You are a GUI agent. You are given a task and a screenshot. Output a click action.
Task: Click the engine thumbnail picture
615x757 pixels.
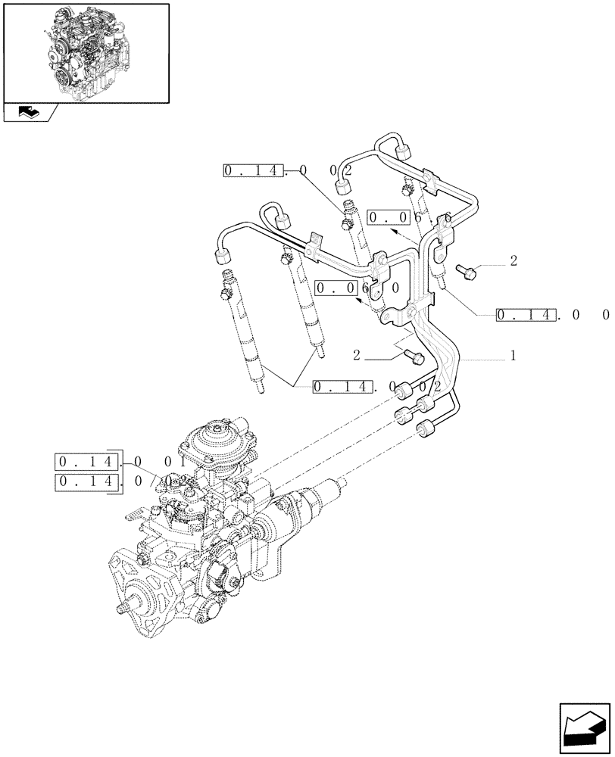(x=86, y=52)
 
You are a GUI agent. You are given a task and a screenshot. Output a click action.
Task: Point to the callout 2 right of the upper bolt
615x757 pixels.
(x=513, y=261)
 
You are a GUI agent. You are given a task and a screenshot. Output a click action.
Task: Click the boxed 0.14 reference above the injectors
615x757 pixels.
(x=254, y=171)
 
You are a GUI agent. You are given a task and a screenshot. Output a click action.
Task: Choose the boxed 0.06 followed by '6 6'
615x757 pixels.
(x=392, y=218)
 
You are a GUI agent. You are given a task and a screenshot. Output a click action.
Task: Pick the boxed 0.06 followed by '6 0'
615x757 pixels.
(x=337, y=288)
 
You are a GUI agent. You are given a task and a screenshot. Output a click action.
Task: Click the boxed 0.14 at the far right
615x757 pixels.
(x=527, y=314)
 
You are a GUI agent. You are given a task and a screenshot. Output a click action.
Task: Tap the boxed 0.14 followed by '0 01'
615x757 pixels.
(x=88, y=461)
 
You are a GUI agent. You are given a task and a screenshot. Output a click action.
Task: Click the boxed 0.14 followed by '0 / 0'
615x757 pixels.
(x=88, y=481)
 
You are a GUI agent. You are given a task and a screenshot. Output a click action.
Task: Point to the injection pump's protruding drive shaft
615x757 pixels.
(x=122, y=609)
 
